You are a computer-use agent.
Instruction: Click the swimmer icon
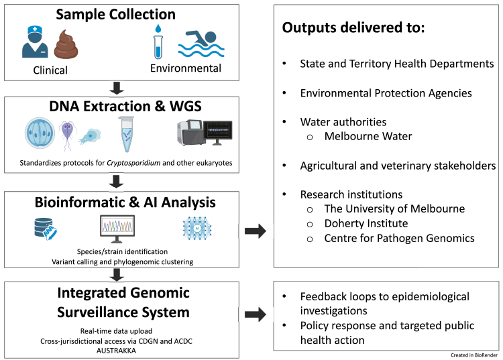pyautogui.click(x=201, y=44)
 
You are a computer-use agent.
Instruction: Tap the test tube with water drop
pyautogui.click(x=158, y=42)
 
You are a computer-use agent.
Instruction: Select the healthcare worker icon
pyautogui.click(x=35, y=42)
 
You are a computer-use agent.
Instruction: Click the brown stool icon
pyautogui.click(x=66, y=44)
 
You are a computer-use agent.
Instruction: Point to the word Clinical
pyautogui.click(x=50, y=70)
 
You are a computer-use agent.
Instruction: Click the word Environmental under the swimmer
pyautogui.click(x=186, y=68)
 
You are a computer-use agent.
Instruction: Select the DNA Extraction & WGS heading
pyautogui.click(x=125, y=107)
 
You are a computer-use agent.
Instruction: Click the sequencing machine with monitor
pyautogui.click(x=205, y=133)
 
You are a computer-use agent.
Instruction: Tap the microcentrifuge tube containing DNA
pyautogui.click(x=126, y=134)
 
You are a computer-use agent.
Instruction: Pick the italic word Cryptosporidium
pyautogui.click(x=133, y=163)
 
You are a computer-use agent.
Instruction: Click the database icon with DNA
pyautogui.click(x=45, y=229)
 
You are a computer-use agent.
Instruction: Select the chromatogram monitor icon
pyautogui.click(x=117, y=229)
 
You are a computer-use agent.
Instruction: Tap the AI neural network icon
pyautogui.click(x=197, y=228)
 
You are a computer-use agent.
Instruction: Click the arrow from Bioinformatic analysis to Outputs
pyautogui.click(x=256, y=231)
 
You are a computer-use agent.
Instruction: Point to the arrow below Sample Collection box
pyautogui.click(x=117, y=88)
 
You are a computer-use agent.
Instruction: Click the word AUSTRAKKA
pyautogui.click(x=116, y=351)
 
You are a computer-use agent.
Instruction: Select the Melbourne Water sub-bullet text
pyautogui.click(x=368, y=136)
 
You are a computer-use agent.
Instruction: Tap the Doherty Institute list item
pyautogui.click(x=366, y=223)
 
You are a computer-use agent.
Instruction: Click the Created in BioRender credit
pyautogui.click(x=474, y=355)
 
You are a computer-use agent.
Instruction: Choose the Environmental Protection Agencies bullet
pyautogui.click(x=386, y=93)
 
